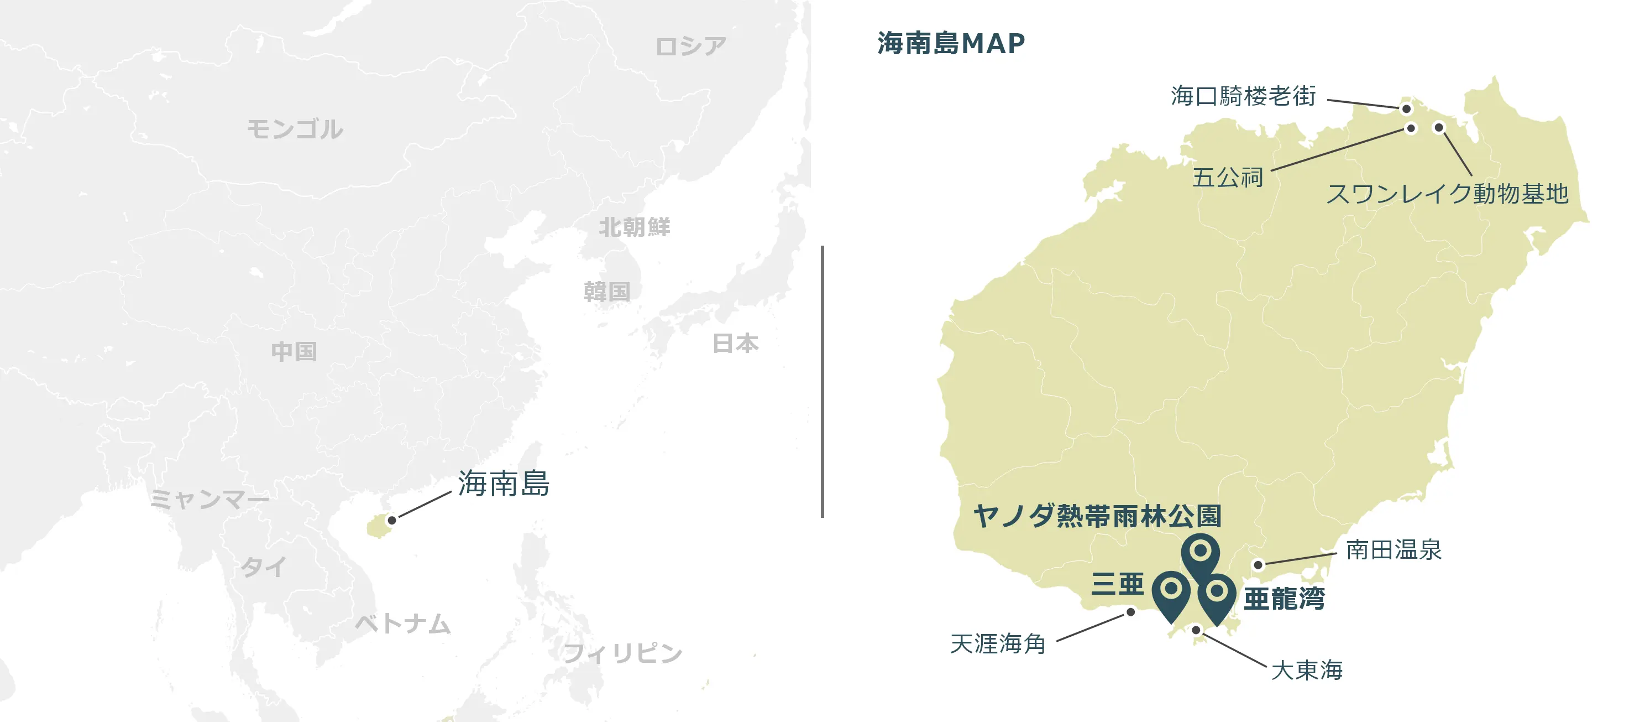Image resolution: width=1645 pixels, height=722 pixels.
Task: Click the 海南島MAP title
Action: pyautogui.click(x=951, y=44)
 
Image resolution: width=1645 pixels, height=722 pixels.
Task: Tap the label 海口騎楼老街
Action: pyautogui.click(x=1243, y=96)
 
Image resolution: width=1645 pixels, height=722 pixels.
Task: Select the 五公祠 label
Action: pyautogui.click(x=1227, y=177)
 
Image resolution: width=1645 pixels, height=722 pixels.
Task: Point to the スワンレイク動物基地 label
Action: pyautogui.click(x=1447, y=193)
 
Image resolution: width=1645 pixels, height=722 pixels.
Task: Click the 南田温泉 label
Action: pyautogui.click(x=1393, y=549)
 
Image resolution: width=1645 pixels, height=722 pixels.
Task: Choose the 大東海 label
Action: pyautogui.click(x=1307, y=670)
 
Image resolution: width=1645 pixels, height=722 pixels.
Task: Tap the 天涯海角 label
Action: pyautogui.click(x=998, y=643)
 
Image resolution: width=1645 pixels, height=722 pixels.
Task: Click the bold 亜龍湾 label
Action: pyautogui.click(x=1284, y=599)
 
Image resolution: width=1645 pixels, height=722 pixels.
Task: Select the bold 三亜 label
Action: pyautogui.click(x=1118, y=583)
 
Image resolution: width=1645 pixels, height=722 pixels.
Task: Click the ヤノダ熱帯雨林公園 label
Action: pyautogui.click(x=1097, y=516)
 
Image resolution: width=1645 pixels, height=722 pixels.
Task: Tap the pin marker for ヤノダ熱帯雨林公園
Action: pyautogui.click(x=1201, y=552)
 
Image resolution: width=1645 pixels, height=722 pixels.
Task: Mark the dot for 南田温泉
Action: pyautogui.click(x=1258, y=565)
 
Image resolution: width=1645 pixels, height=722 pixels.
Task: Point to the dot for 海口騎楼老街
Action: pyautogui.click(x=1406, y=109)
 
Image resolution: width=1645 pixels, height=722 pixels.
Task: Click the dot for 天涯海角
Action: pyautogui.click(x=1130, y=612)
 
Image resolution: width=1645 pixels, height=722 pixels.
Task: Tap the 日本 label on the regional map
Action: pyautogui.click(x=736, y=343)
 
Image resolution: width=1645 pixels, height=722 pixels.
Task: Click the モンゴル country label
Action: pyautogui.click(x=295, y=129)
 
